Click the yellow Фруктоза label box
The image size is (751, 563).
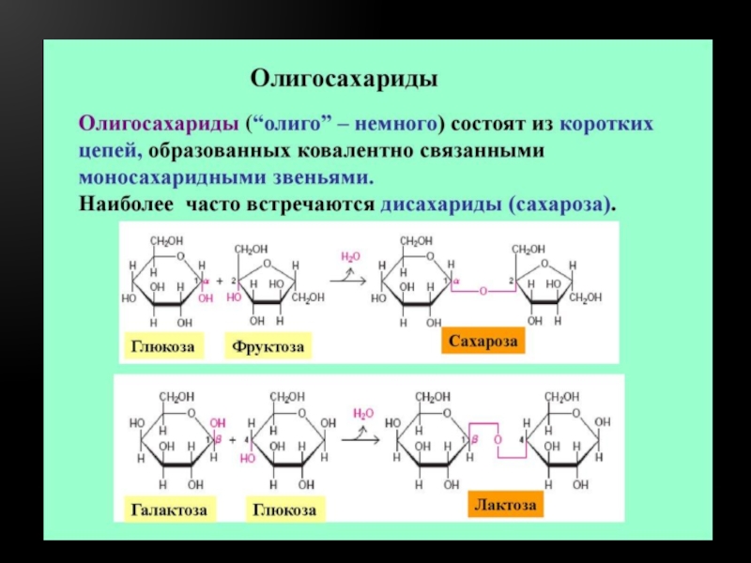tap(269, 347)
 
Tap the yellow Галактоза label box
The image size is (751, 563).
tap(169, 510)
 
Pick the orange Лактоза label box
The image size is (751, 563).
tap(505, 505)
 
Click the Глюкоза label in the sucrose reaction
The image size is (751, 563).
tap(162, 347)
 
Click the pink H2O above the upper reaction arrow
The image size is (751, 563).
tap(349, 256)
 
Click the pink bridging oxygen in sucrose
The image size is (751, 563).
tap(483, 292)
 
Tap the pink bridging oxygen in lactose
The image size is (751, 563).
tap(498, 439)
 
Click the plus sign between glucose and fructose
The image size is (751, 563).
tap(219, 281)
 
